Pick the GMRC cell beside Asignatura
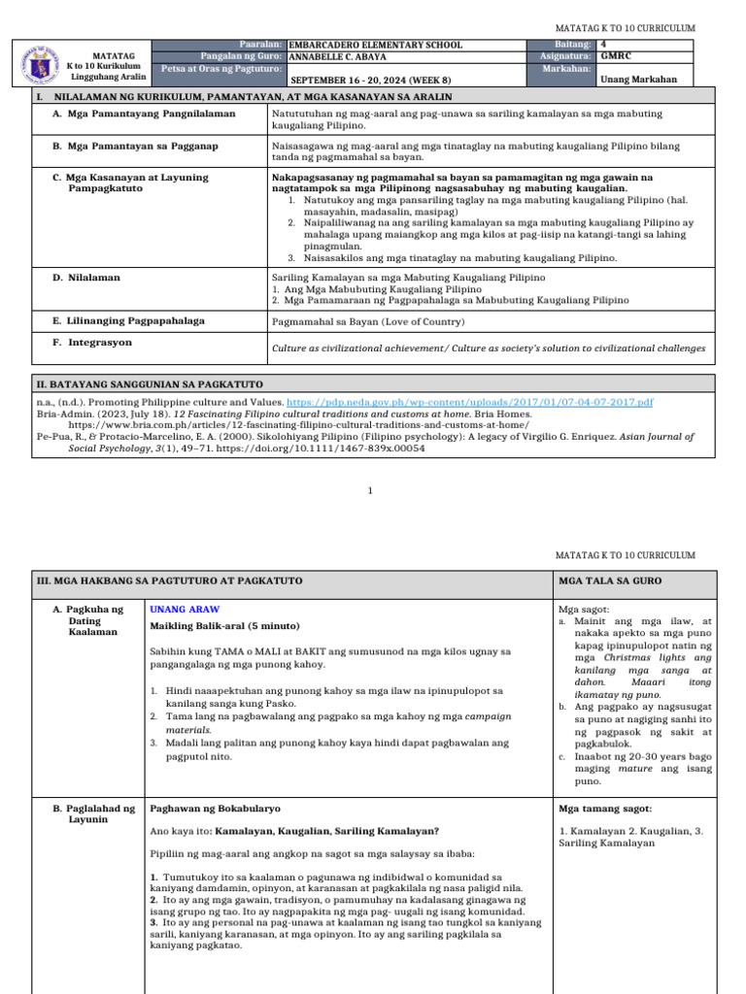[616, 56]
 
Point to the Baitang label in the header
[572, 45]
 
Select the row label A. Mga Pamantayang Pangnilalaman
[144, 114]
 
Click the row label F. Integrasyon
[92, 343]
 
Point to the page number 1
[370, 490]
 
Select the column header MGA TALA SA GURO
[610, 580]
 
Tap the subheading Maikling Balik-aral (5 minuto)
[224, 625]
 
